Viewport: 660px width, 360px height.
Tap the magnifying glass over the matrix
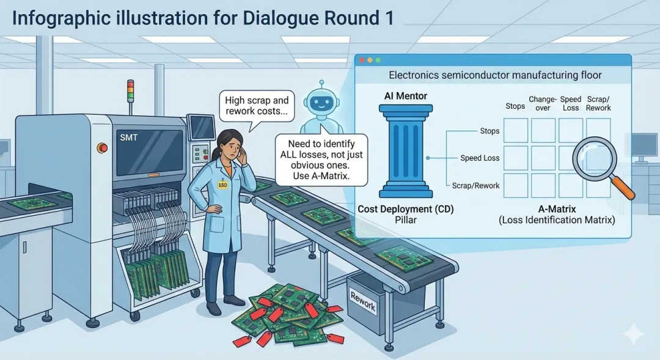coord(594,158)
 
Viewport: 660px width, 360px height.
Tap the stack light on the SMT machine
coord(130,92)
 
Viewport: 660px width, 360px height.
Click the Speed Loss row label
coord(480,158)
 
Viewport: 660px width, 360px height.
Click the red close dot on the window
coord(361,61)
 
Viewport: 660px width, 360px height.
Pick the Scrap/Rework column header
coord(598,103)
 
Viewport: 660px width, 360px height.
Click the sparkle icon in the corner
coord(633,333)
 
